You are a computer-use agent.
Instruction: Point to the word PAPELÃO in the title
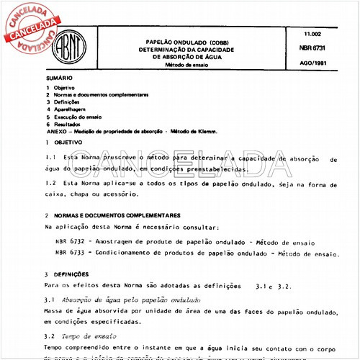168,41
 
